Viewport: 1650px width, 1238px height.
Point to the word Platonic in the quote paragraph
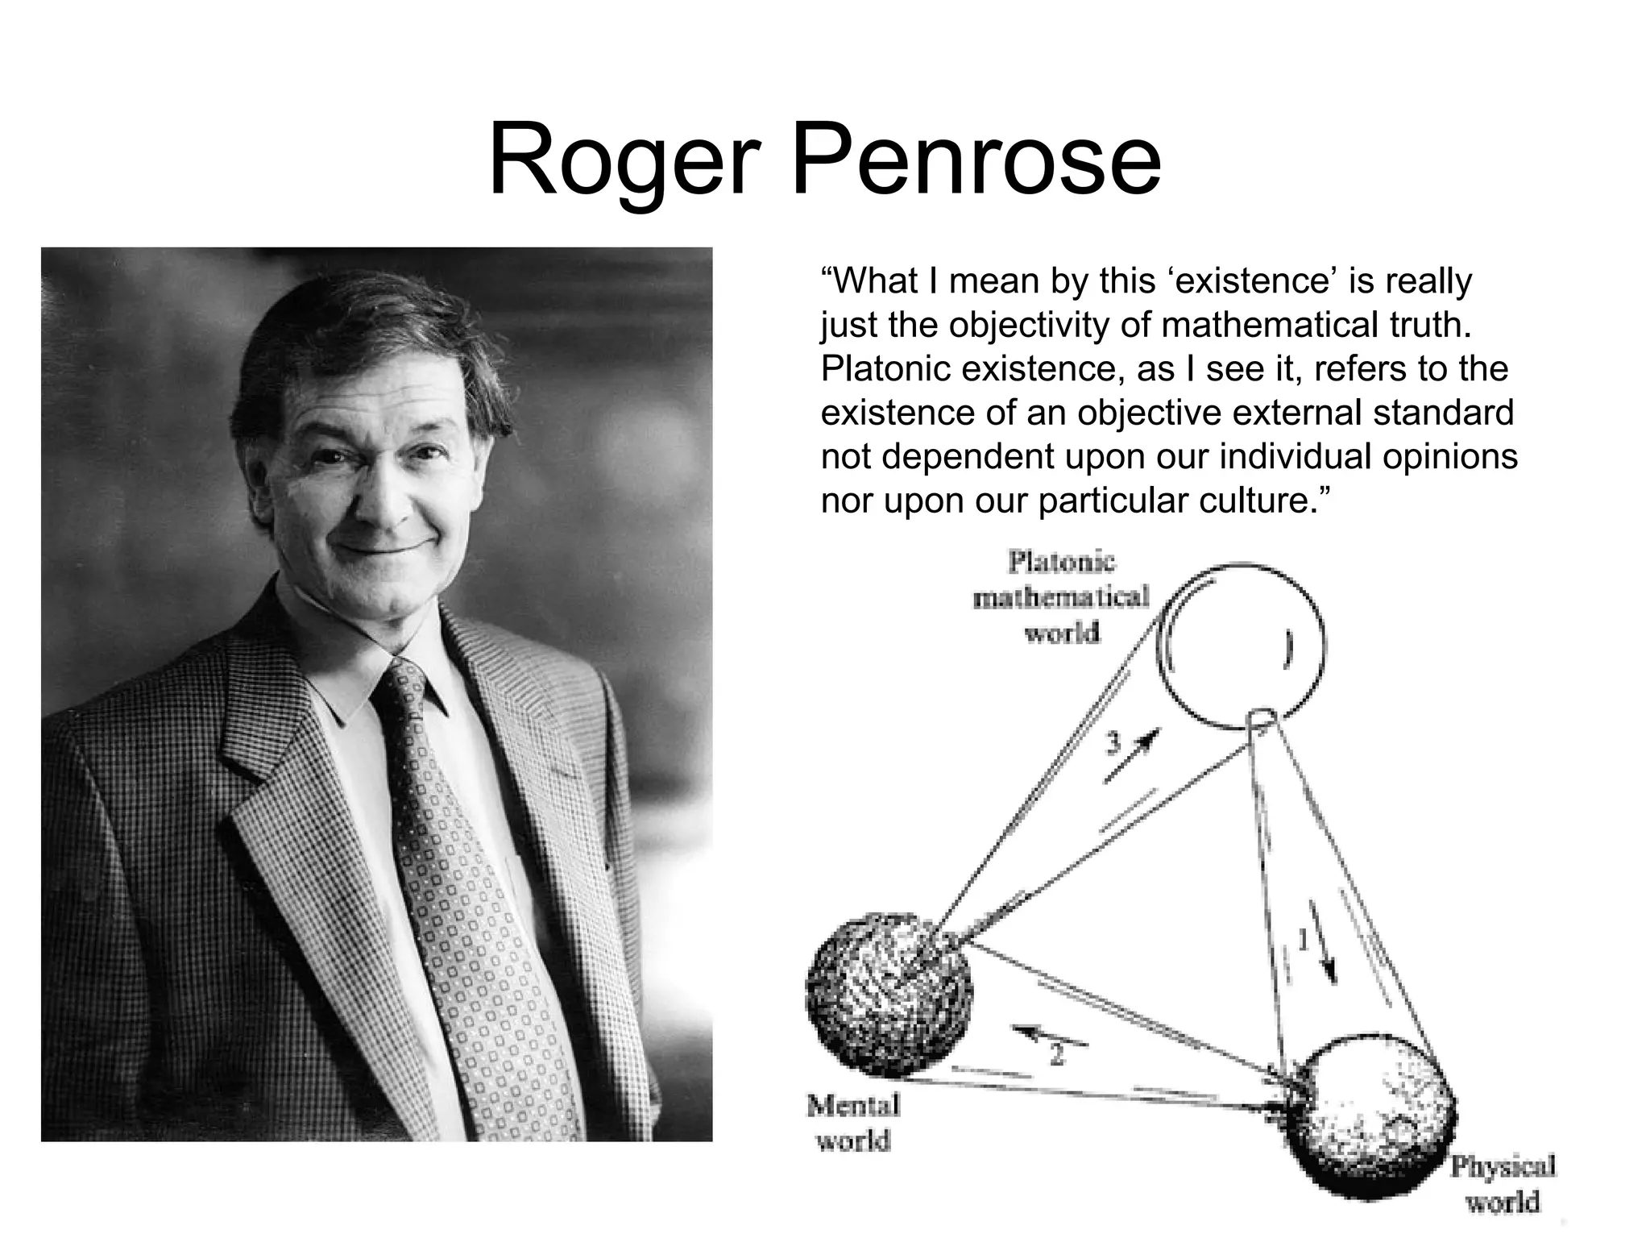coord(884,369)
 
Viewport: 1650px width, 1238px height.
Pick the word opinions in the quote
coord(1450,457)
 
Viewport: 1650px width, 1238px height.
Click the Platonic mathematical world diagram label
coord(1061,597)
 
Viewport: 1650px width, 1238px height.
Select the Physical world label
coord(1503,1183)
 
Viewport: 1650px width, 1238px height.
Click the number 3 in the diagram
coord(1113,742)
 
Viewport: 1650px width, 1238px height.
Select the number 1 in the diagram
coord(1301,940)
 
